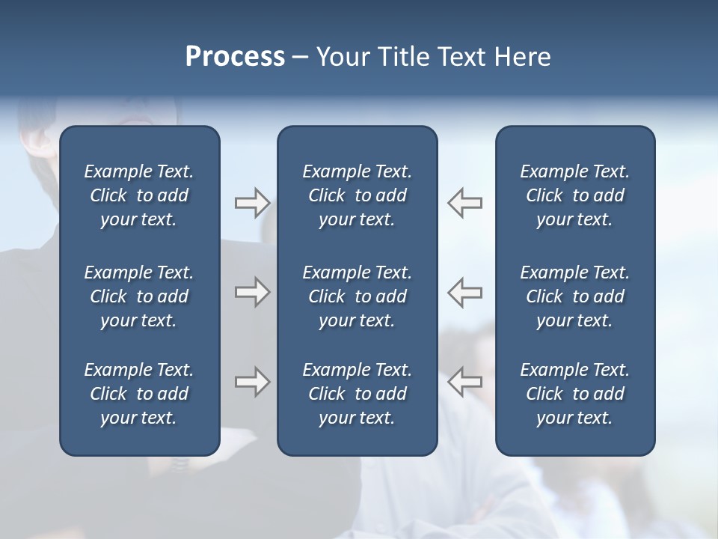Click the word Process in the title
[x=235, y=57]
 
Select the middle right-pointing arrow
[x=252, y=291]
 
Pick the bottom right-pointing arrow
[x=252, y=381]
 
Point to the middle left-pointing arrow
[x=465, y=291]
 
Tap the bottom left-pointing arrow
[x=465, y=381]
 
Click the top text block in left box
[x=139, y=195]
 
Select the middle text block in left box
[x=139, y=296]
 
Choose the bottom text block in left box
[x=139, y=394]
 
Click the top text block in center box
[x=358, y=195]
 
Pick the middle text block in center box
[x=358, y=296]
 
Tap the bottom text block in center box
[x=358, y=394]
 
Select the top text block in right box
[x=575, y=195]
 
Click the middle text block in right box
[x=575, y=296]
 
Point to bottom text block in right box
[x=575, y=394]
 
